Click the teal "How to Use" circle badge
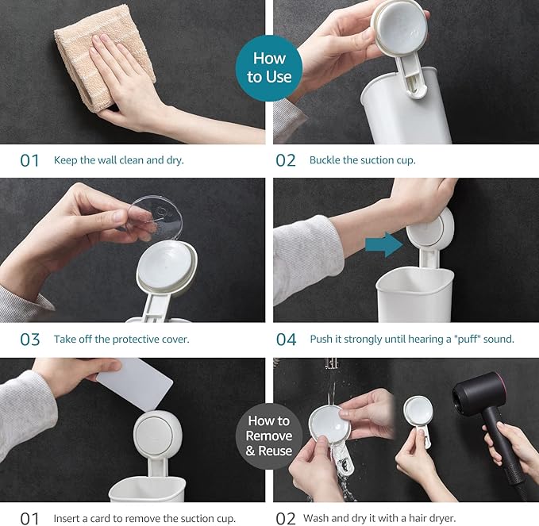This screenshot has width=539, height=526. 269,67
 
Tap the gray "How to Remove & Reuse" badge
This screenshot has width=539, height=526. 269,436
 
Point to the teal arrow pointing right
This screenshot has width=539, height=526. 384,244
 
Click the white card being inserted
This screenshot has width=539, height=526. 134,384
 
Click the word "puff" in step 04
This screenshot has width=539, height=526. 468,340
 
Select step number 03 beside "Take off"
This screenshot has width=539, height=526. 30,340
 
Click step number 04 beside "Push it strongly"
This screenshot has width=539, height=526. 286,340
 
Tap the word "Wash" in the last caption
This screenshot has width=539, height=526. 315,518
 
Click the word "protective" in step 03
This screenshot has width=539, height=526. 136,340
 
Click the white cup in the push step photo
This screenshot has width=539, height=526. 415,295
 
